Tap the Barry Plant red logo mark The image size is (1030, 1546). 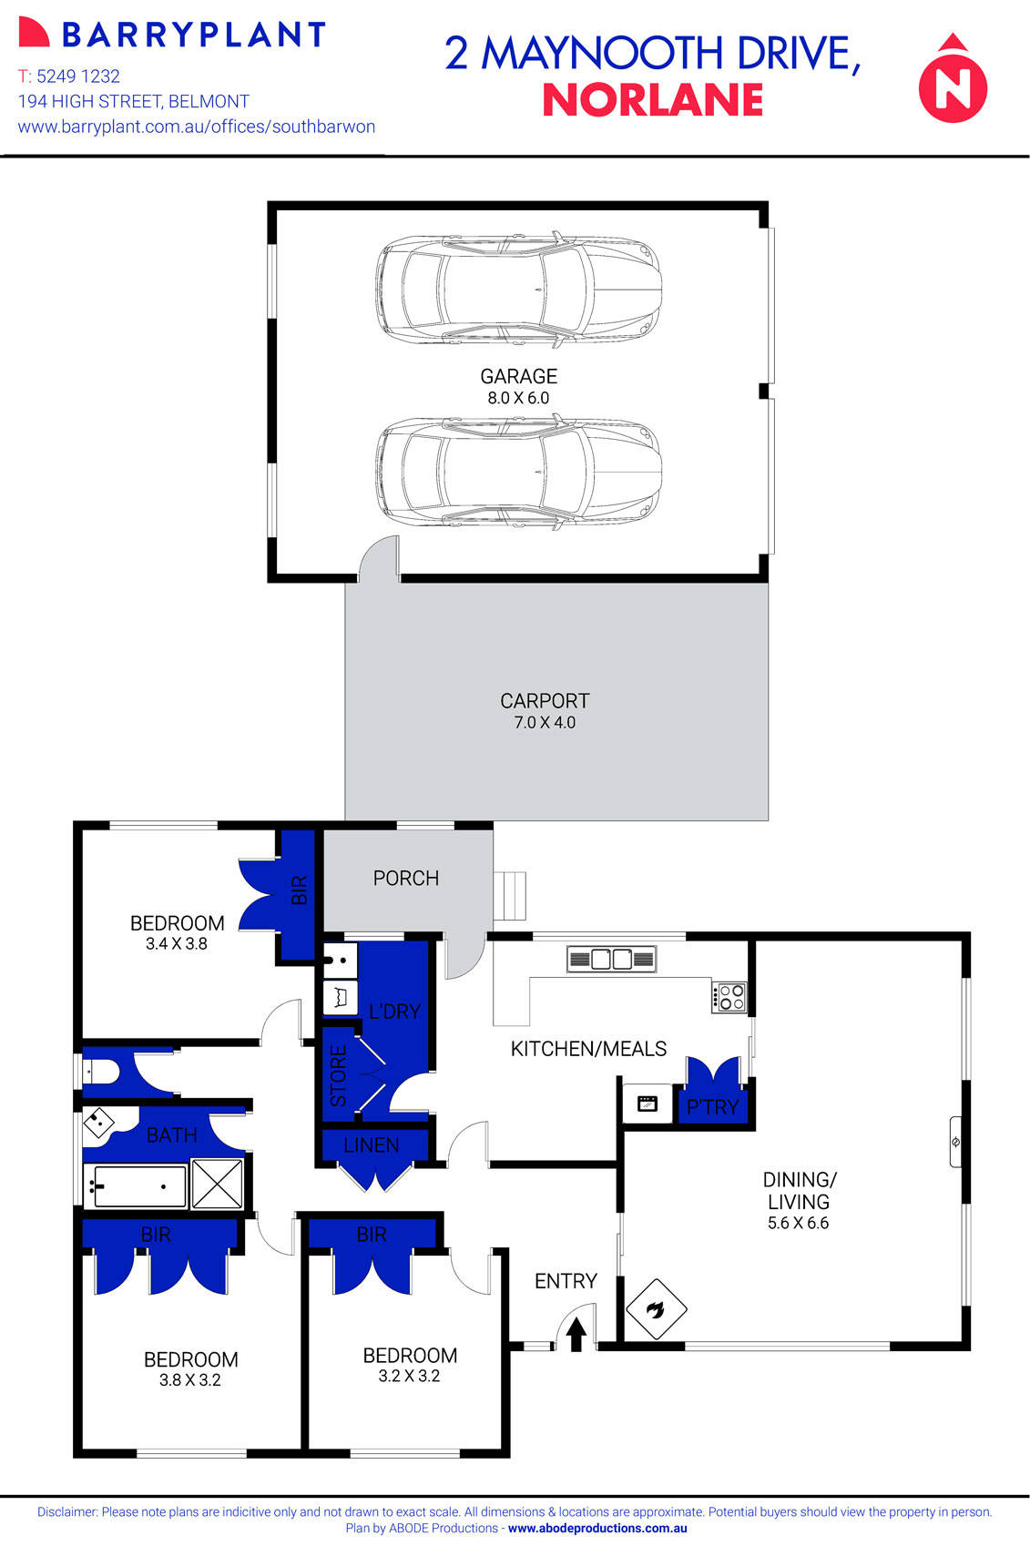pos(34,34)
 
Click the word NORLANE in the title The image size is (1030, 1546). pos(653,100)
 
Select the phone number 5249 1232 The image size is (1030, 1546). pos(78,76)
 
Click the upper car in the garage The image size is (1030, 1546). pos(518,288)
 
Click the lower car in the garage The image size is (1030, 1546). pos(518,472)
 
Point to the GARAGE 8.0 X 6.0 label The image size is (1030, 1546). pos(518,385)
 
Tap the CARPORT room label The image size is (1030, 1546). pos(545,710)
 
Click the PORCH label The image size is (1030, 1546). pos(406,879)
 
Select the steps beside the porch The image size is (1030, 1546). pos(511,896)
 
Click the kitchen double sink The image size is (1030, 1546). pos(611,959)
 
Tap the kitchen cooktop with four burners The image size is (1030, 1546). pos(729,997)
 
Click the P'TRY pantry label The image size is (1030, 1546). pos(712,1107)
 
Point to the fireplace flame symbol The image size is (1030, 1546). pos(656,1309)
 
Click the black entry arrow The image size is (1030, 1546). pos(576,1335)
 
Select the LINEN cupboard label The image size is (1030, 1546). pos(372,1145)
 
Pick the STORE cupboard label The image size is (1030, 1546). pos(339,1076)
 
